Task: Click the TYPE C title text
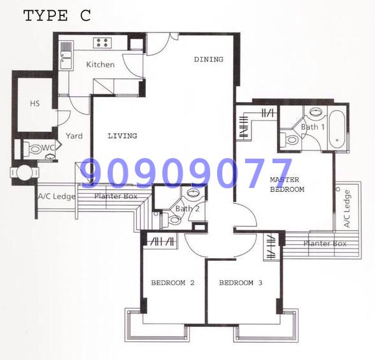tap(57, 16)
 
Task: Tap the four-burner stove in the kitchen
tap(103, 43)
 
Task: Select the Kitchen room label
tap(100, 64)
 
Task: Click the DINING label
tap(209, 59)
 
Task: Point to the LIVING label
tap(122, 136)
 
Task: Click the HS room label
tap(35, 104)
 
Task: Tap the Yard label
tap(74, 136)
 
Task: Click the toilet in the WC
tap(32, 149)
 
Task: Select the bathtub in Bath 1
tap(337, 130)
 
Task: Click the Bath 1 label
tap(313, 127)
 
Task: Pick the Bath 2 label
tap(187, 209)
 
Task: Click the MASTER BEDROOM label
tap(287, 184)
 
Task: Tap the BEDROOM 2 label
tap(173, 283)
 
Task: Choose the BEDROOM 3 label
tap(241, 283)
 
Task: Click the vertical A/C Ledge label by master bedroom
tap(347, 208)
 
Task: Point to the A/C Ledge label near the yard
tap(57, 196)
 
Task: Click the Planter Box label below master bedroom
tap(325, 243)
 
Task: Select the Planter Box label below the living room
tap(116, 196)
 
